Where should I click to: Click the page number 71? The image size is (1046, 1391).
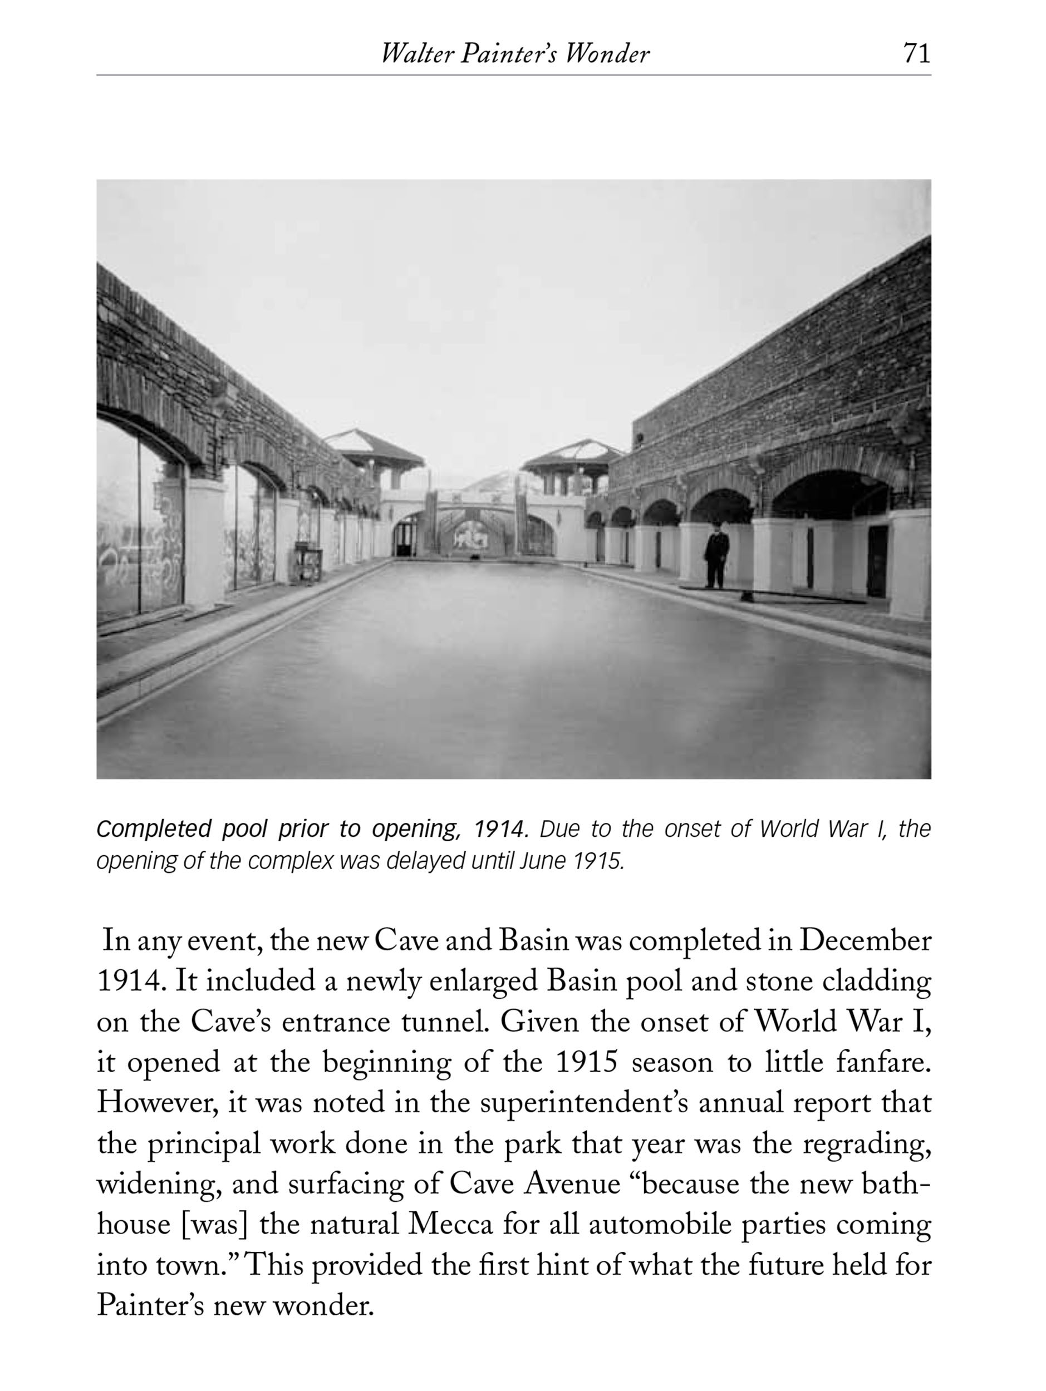coord(916,53)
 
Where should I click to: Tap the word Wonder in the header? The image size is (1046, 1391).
coord(606,55)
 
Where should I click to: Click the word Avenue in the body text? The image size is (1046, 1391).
coord(572,1184)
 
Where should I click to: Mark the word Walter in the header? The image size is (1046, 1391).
coord(417,55)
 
